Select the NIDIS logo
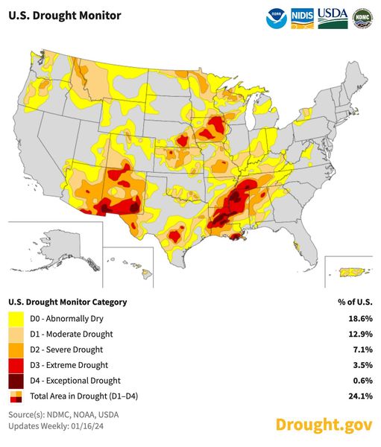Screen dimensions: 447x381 pyautogui.click(x=301, y=17)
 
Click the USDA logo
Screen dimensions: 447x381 pyautogui.click(x=333, y=17)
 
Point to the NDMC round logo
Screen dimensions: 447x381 pyautogui.click(x=362, y=17)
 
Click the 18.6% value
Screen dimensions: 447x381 pyautogui.click(x=360, y=318)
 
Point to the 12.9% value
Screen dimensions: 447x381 pyautogui.click(x=360, y=334)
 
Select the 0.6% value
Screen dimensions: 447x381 pyautogui.click(x=362, y=381)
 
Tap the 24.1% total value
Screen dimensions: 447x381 pyautogui.click(x=360, y=396)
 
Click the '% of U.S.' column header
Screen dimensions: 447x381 pyautogui.click(x=355, y=302)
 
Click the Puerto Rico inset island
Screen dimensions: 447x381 pyautogui.click(x=350, y=272)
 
